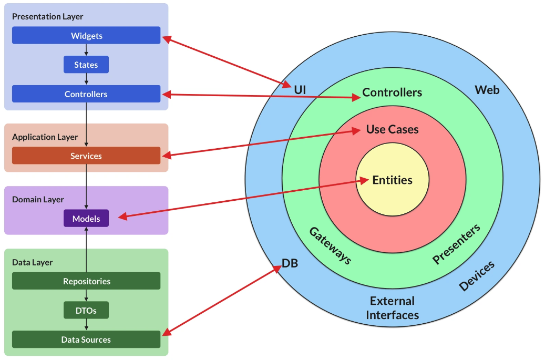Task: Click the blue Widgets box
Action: click(x=86, y=36)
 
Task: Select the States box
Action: click(x=86, y=65)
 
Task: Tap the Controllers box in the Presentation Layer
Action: click(x=86, y=94)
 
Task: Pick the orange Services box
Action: click(x=86, y=156)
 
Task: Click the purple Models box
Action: click(x=86, y=218)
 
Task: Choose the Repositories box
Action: click(x=86, y=281)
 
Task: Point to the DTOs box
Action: click(x=86, y=310)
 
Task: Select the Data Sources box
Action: click(x=86, y=340)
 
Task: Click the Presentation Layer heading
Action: click(x=47, y=16)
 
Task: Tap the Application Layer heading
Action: click(x=45, y=137)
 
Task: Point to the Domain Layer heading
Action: click(x=38, y=199)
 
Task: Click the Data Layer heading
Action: click(x=32, y=262)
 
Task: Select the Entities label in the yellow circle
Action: click(x=392, y=180)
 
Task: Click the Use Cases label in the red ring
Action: click(x=392, y=129)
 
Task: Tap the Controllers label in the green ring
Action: click(x=392, y=92)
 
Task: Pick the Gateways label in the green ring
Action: click(x=330, y=245)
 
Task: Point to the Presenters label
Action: click(x=456, y=244)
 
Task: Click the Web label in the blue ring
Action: click(x=487, y=90)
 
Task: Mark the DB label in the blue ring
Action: click(x=290, y=263)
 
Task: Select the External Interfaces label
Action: click(x=392, y=308)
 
